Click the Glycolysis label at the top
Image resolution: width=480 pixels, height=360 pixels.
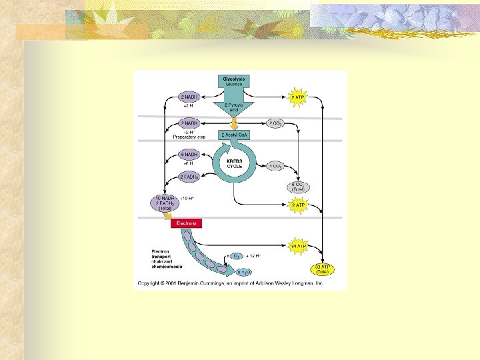tap(233, 79)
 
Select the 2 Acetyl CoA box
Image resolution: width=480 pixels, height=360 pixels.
tap(235, 135)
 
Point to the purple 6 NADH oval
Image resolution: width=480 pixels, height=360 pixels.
tap(190, 155)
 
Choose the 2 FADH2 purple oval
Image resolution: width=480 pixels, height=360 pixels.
tap(190, 176)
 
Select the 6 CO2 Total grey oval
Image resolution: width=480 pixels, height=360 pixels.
tap(298, 187)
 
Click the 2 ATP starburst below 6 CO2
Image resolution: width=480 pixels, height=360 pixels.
tap(298, 205)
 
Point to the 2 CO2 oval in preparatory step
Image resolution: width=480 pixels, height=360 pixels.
tap(277, 123)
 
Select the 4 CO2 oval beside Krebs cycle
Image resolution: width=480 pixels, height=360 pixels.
tap(277, 165)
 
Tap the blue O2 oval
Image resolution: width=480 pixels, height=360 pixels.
tap(237, 255)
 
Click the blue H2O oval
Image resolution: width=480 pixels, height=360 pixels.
tap(245, 272)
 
